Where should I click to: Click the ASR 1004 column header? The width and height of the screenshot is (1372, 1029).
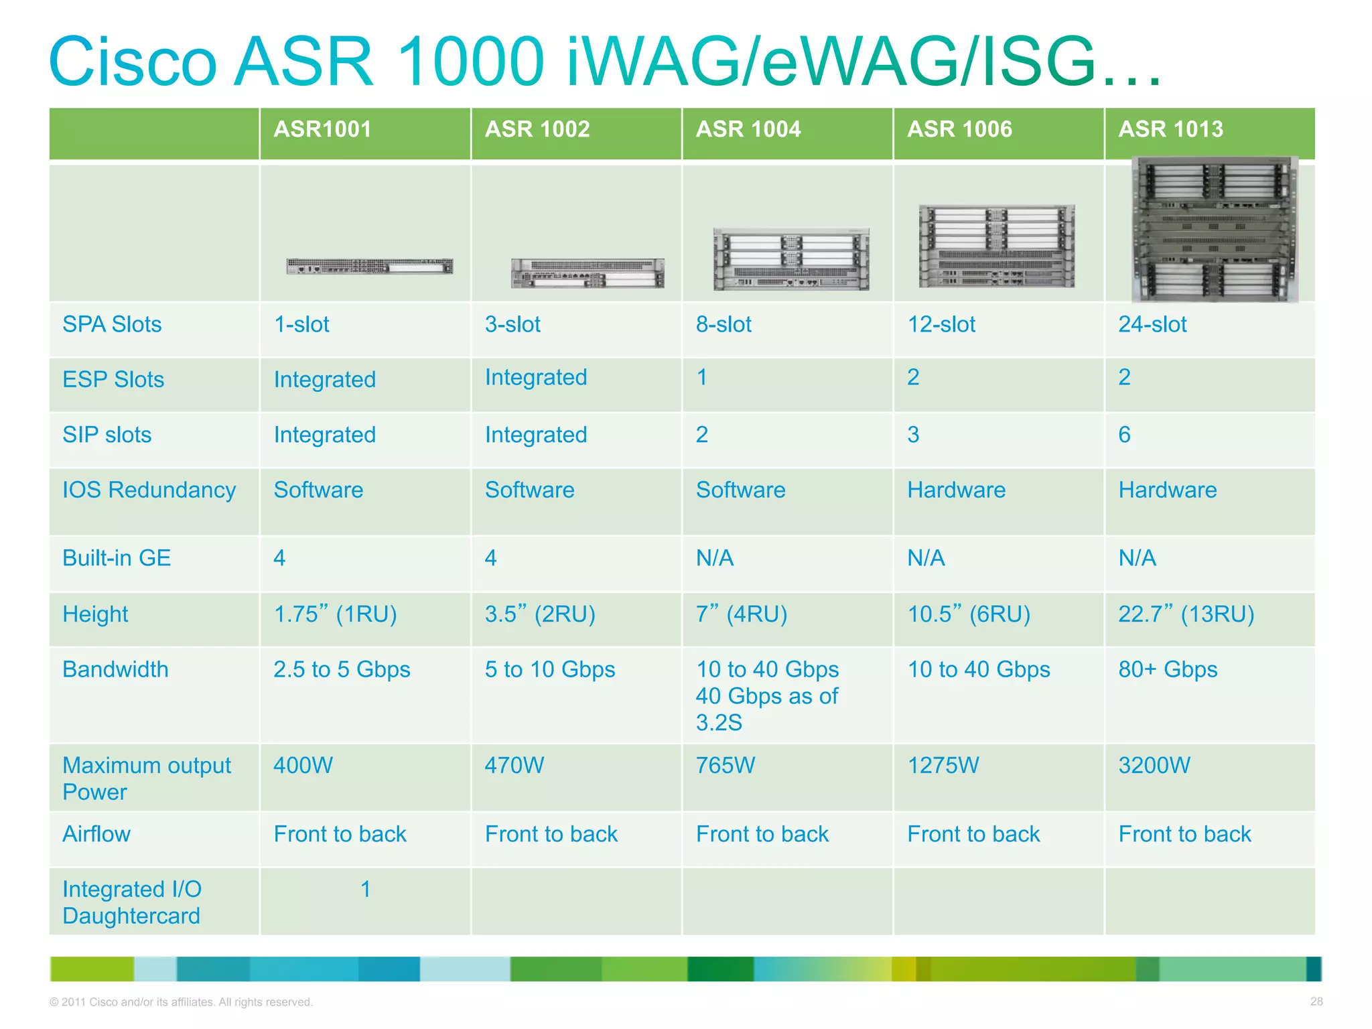point(748,129)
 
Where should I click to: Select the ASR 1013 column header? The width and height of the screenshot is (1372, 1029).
point(1170,129)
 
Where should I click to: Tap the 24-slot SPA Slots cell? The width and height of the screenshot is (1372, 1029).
point(1152,325)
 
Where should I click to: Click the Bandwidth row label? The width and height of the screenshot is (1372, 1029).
point(115,669)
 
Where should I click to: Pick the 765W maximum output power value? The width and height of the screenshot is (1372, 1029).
point(725,765)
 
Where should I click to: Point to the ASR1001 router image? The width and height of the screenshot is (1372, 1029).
point(369,267)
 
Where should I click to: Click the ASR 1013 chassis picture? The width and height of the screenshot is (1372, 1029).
point(1215,229)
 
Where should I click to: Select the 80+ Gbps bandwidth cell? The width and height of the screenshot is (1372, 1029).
point(1168,669)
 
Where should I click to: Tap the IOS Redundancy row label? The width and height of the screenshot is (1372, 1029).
point(149,490)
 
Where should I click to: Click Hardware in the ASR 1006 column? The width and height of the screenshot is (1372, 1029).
point(956,490)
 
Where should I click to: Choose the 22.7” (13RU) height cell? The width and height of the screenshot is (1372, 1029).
point(1186,614)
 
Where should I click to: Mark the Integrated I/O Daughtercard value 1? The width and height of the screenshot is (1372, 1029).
point(365,890)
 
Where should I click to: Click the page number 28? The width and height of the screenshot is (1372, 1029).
point(1316,1002)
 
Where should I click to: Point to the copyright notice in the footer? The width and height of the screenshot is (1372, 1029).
point(181,1002)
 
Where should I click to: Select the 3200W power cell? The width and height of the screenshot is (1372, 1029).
point(1154,765)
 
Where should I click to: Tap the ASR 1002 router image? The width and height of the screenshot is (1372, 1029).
point(588,273)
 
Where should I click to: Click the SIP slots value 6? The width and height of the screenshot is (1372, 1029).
point(1124,435)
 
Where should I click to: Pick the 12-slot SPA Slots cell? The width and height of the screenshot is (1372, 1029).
point(941,325)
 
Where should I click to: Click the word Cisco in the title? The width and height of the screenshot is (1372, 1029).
point(133,62)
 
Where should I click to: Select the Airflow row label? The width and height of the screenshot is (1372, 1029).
point(96,834)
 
